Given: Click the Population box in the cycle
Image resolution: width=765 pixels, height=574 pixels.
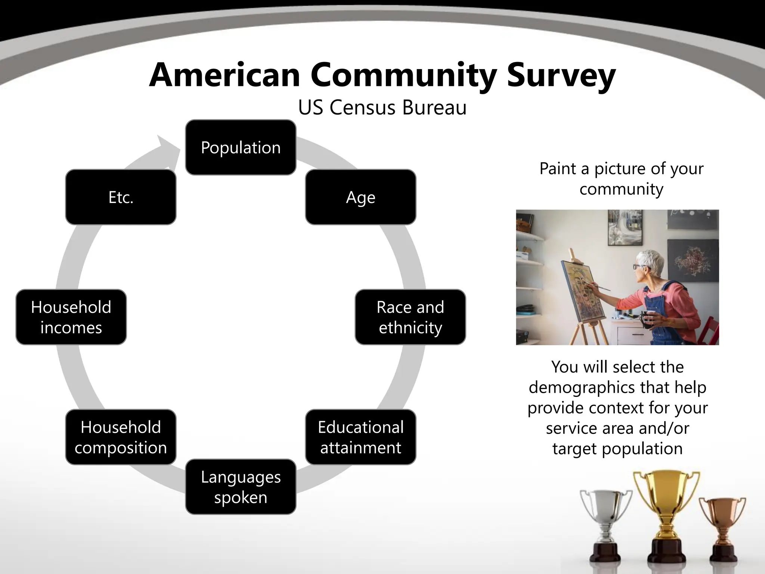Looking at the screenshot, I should click(x=241, y=147).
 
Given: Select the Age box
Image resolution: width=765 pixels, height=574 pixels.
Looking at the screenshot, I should click(x=360, y=197).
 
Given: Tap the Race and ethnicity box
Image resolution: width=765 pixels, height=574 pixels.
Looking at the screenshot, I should click(x=410, y=317).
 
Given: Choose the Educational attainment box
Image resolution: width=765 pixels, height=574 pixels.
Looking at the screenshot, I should click(x=360, y=437).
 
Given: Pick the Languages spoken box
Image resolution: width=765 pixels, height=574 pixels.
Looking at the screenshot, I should click(x=241, y=487).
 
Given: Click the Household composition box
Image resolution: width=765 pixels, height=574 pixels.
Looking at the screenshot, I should click(x=121, y=437).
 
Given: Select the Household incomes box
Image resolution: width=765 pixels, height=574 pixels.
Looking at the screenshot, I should click(x=71, y=317).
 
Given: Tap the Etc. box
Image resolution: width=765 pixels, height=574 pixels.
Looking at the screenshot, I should click(x=121, y=197).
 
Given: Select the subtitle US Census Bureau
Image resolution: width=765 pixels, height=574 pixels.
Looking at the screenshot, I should click(x=382, y=108).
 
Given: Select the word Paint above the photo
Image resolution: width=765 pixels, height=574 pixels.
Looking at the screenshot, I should click(x=558, y=169).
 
